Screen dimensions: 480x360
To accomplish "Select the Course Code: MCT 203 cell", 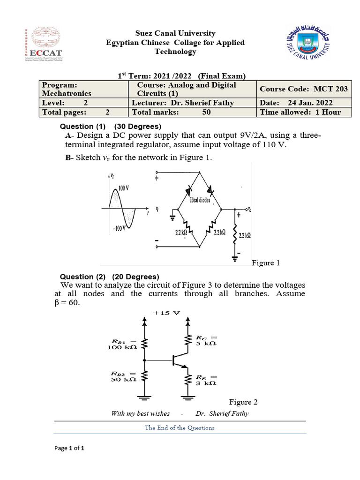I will tap(304, 89).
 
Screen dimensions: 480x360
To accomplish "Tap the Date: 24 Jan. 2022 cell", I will tap(296, 103).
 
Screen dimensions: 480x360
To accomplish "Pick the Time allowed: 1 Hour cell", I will tap(300, 112).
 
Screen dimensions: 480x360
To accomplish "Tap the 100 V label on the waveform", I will tap(124, 187).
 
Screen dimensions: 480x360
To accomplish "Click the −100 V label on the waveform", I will tap(119, 228).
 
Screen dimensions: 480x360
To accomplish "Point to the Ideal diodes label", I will tap(200, 200).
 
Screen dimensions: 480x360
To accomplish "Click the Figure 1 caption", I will tap(266, 263).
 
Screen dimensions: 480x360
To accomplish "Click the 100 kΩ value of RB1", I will tap(123, 347).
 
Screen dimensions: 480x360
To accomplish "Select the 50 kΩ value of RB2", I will tap(123, 379).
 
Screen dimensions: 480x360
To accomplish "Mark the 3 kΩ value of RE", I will tap(206, 382).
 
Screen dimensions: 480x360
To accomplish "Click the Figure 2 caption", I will tap(243, 402).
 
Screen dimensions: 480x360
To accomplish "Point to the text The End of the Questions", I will tap(180, 427).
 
